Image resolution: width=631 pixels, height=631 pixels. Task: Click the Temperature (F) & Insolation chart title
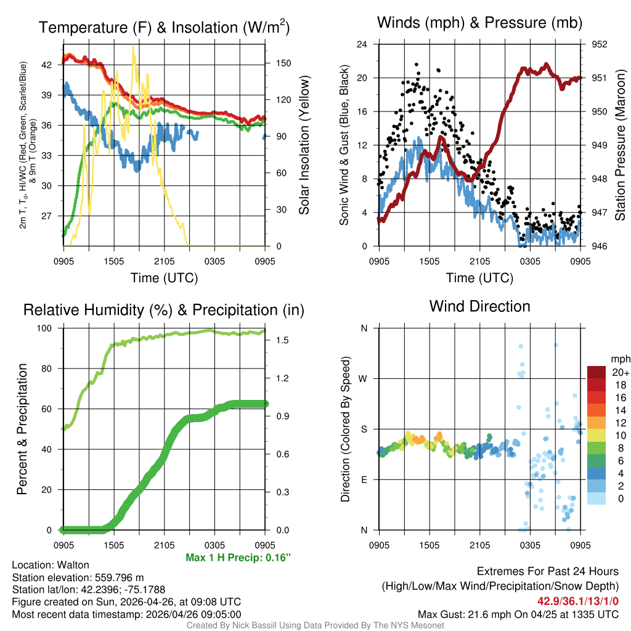click(x=164, y=27)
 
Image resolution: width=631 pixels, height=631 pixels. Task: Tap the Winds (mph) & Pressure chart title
click(x=479, y=23)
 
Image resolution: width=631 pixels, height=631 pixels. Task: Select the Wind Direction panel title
click(x=479, y=306)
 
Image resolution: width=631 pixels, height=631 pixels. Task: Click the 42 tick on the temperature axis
click(x=54, y=64)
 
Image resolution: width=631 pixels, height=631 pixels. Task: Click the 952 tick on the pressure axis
click(x=599, y=44)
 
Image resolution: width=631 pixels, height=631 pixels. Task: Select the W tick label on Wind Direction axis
click(x=364, y=378)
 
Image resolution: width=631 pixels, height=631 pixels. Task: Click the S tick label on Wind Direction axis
click(x=364, y=429)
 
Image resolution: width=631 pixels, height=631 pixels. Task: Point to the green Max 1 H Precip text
click(x=238, y=558)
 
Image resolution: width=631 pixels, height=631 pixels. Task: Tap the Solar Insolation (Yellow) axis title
click(x=304, y=145)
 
